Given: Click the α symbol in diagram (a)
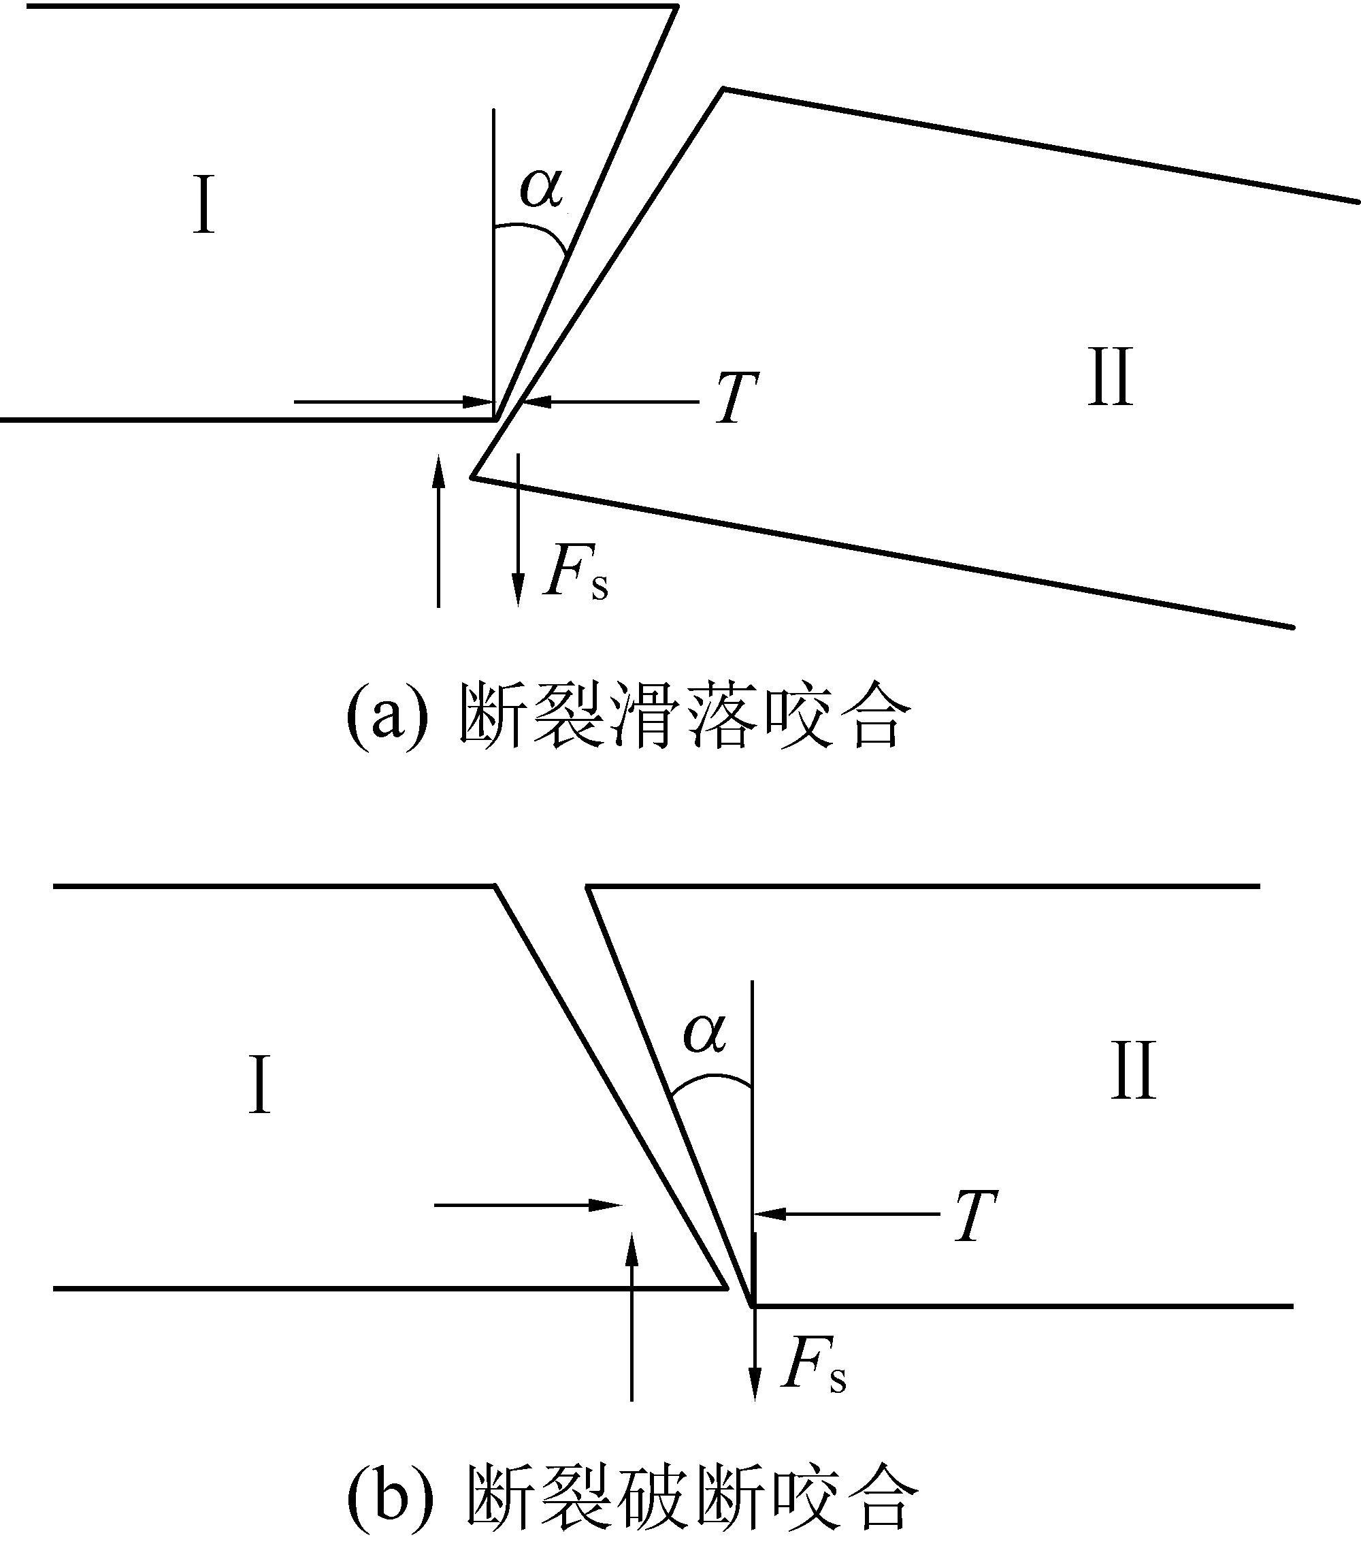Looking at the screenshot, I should (542, 188).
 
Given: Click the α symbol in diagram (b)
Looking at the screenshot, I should (705, 1034).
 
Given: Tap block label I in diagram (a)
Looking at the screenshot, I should (203, 204).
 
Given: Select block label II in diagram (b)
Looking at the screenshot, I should (1133, 1071).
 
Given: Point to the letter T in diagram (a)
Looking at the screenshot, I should (736, 399).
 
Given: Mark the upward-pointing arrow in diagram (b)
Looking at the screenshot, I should (631, 1318).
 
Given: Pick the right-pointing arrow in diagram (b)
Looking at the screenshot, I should (528, 1205).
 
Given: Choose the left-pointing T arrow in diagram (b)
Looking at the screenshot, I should (847, 1214).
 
